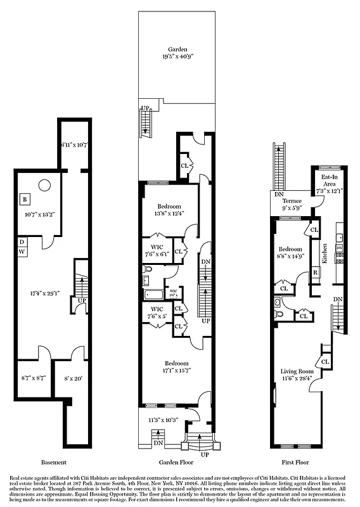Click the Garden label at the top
click(177, 49)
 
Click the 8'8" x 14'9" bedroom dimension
click(292, 256)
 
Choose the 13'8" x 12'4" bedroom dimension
click(169, 213)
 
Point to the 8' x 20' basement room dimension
click(70, 378)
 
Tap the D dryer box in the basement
click(22, 241)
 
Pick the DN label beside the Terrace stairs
click(279, 195)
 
